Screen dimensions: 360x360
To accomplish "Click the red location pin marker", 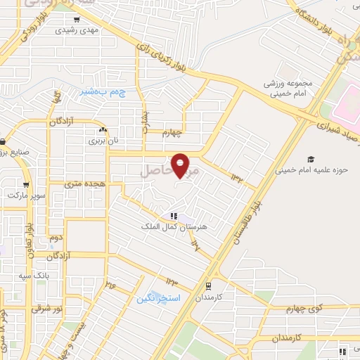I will point(181,165).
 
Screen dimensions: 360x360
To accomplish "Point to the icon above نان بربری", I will point(103,129).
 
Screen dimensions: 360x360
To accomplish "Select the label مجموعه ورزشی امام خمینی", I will point(285,88).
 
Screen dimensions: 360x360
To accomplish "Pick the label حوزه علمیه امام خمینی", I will point(303,169).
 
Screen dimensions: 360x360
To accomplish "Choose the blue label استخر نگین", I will point(158,298).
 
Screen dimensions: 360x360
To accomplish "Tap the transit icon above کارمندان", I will point(208,285).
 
